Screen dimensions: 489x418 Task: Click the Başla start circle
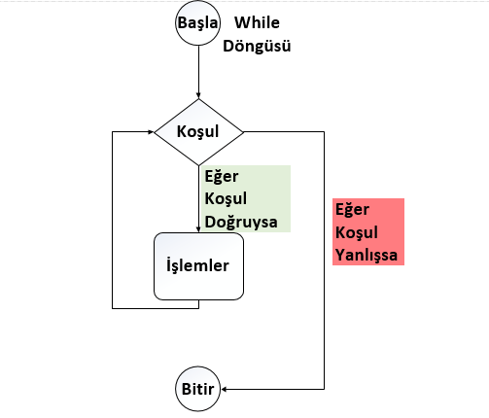point(197,22)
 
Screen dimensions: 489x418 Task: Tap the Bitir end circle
point(197,389)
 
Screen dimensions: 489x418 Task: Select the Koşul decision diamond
point(198,132)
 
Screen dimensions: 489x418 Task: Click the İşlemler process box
point(198,266)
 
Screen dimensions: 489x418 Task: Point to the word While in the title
point(257,22)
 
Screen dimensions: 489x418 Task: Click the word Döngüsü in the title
point(257,46)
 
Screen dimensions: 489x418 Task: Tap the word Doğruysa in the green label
point(241,223)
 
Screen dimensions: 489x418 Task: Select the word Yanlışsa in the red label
point(367,255)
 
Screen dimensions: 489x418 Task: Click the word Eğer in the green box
point(222,177)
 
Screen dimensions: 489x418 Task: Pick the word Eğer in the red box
point(352,210)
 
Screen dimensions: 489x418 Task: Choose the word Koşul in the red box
point(357,232)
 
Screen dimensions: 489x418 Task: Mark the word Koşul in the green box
point(226,198)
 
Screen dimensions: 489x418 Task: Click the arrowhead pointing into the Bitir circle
point(224,389)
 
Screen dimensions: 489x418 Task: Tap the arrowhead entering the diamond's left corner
point(151,132)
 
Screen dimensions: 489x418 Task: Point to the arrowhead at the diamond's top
point(198,96)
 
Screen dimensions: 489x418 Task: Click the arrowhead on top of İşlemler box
point(198,229)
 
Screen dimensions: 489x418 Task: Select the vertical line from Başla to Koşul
point(198,72)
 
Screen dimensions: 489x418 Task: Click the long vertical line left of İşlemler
point(112,220)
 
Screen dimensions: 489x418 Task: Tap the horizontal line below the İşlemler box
point(156,308)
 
